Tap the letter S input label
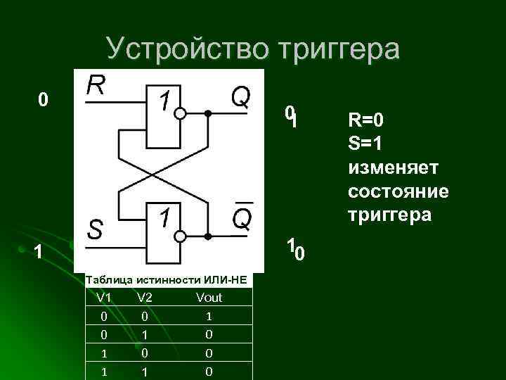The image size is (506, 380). pyautogui.click(x=96, y=228)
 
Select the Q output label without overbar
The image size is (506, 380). pyautogui.click(x=241, y=96)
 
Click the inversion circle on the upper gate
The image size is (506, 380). pyautogui.click(x=181, y=113)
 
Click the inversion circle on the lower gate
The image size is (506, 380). pyautogui.click(x=181, y=236)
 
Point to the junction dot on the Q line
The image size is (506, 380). pyautogui.click(x=207, y=113)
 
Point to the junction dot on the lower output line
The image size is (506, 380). pyautogui.click(x=207, y=236)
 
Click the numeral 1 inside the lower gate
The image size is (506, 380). pyautogui.click(x=163, y=218)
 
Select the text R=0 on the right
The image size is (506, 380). pyautogui.click(x=365, y=120)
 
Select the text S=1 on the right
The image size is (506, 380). pyautogui.click(x=365, y=144)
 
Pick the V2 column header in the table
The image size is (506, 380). pyautogui.click(x=145, y=298)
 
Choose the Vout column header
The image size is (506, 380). pyautogui.click(x=209, y=298)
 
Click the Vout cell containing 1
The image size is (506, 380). pyautogui.click(x=209, y=317)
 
